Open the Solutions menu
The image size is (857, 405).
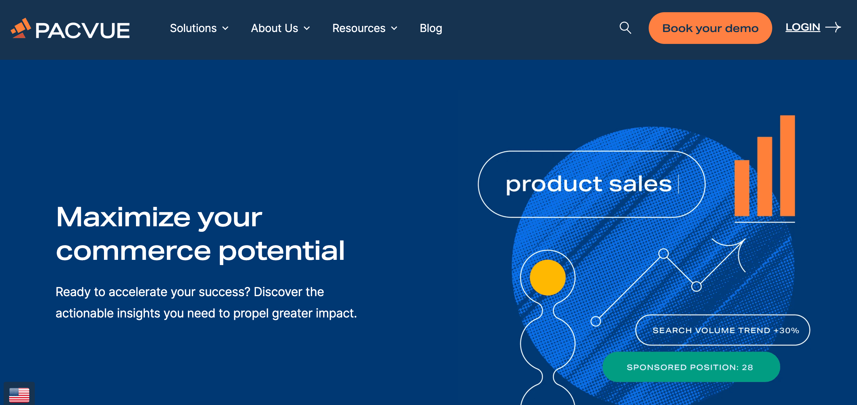coord(199,28)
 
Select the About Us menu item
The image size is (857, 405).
coord(280,28)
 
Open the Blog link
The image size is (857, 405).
coord(431,28)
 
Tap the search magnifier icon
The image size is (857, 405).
coord(625,28)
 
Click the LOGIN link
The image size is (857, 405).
coord(802,27)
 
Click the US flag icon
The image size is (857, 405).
coord(19,395)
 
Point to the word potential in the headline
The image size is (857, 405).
coord(281,251)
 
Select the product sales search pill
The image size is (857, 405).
coord(591,184)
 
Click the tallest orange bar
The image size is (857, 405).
coord(787,165)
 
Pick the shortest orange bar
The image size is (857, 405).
coord(741,188)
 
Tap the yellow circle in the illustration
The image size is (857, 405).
coord(547,277)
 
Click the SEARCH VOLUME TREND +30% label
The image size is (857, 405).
coord(725,330)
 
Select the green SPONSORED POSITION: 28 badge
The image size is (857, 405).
coord(691,367)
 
